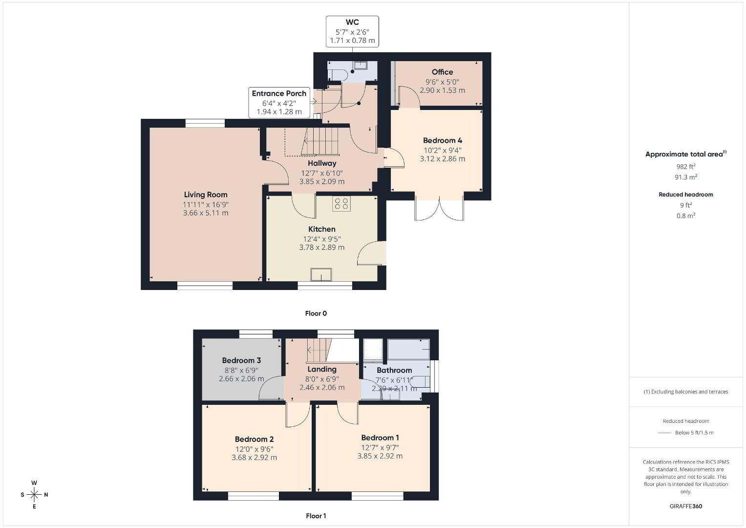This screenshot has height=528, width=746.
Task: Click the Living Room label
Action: coord(206,195)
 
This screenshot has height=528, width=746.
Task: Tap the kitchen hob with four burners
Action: coord(341,203)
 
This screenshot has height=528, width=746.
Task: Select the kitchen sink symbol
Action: coord(321,275)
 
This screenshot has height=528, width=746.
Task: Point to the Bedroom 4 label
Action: coord(442,140)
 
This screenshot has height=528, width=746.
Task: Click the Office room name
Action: coord(442,72)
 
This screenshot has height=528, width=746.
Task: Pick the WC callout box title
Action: coord(352,22)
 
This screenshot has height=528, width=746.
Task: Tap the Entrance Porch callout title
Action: coord(279,93)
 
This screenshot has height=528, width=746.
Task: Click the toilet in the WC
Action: coord(338,75)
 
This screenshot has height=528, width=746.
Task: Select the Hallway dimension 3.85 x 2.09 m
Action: coord(322,182)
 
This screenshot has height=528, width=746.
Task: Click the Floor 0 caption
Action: coord(316,313)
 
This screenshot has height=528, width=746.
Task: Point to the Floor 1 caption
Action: coord(316,516)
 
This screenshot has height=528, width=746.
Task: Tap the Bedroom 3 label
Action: coord(241,360)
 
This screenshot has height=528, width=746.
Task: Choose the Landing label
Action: coord(322,369)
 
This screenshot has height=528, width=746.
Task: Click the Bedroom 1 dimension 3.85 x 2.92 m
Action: coord(380,456)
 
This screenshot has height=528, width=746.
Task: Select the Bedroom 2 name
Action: coord(254,440)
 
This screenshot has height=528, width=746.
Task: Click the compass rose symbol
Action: coord(34,495)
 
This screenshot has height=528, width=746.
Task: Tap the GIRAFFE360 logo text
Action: coord(686,506)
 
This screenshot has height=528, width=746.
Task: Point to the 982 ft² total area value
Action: coord(686,166)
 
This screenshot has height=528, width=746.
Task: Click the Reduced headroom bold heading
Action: coord(686,195)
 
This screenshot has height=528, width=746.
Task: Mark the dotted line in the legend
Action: coord(664,433)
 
